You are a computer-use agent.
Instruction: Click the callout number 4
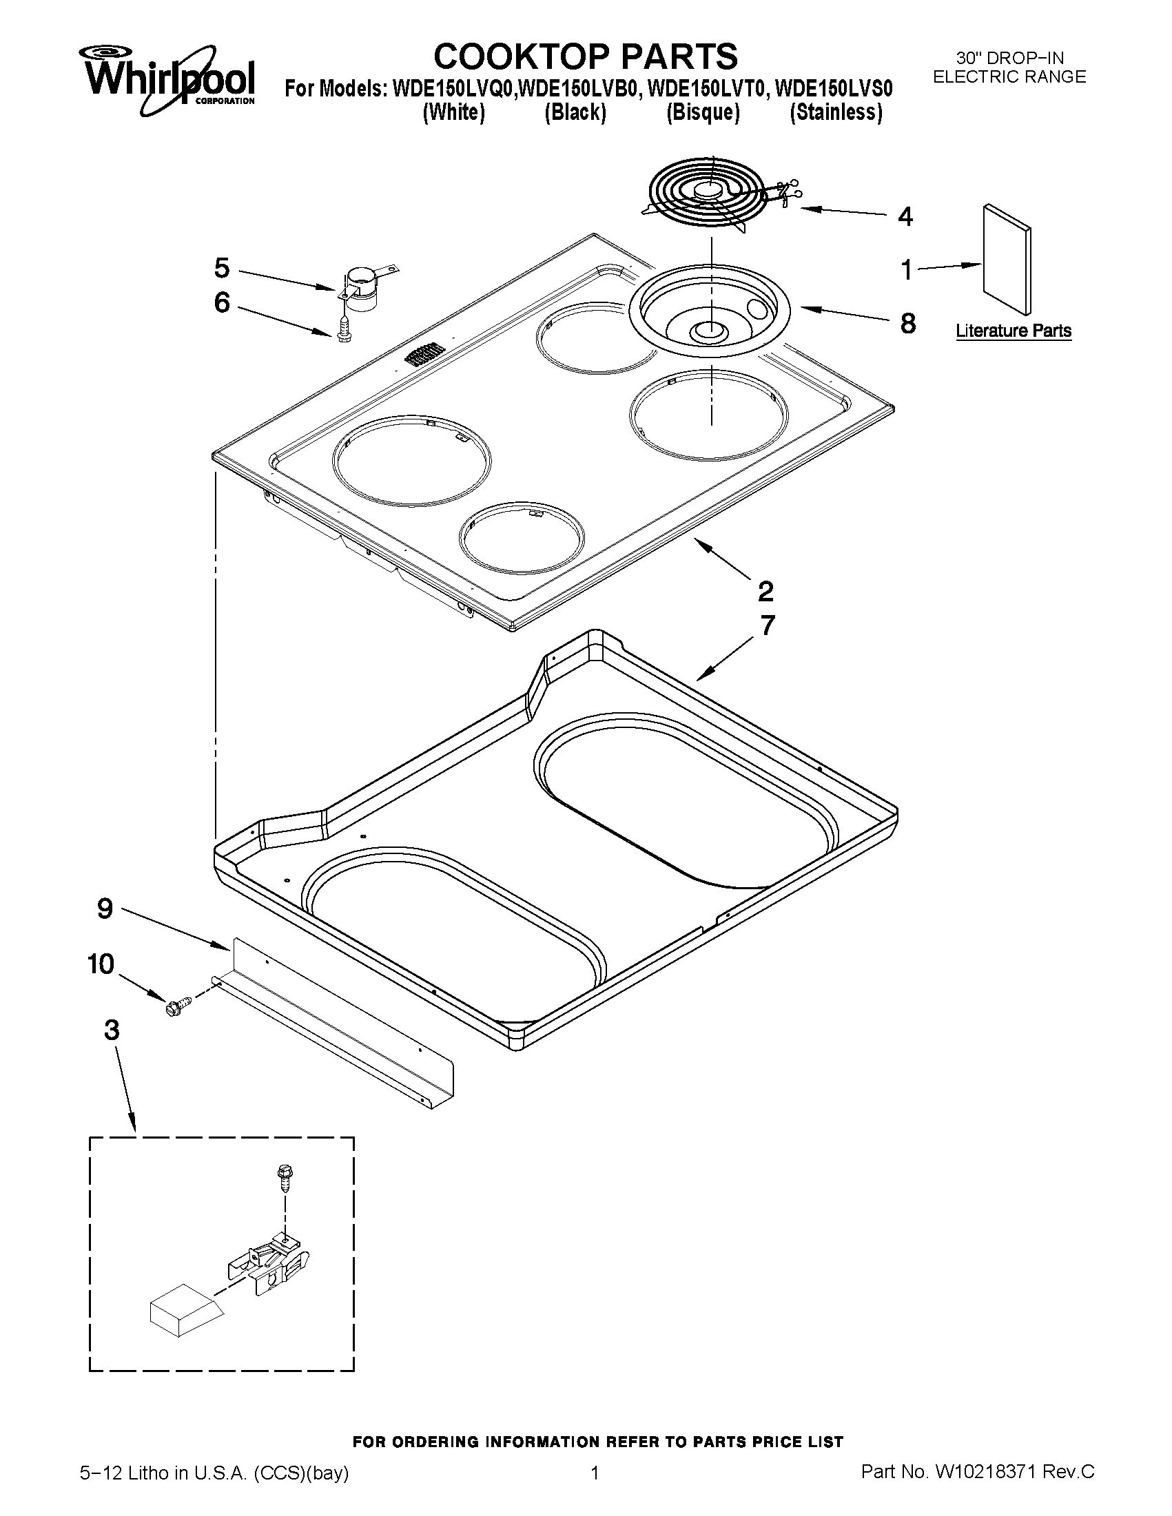pyautogui.click(x=905, y=216)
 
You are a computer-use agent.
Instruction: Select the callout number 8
pyautogui.click(x=907, y=324)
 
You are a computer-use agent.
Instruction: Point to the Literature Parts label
pyautogui.click(x=1013, y=331)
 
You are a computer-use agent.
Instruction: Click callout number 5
pyautogui.click(x=221, y=267)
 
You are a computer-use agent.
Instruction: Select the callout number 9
pyautogui.click(x=105, y=908)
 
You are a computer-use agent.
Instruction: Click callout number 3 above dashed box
pyautogui.click(x=111, y=1030)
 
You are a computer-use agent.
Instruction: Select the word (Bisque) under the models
pyautogui.click(x=703, y=112)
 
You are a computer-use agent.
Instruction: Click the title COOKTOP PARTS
pyautogui.click(x=585, y=56)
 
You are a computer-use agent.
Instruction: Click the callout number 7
pyautogui.click(x=767, y=625)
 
